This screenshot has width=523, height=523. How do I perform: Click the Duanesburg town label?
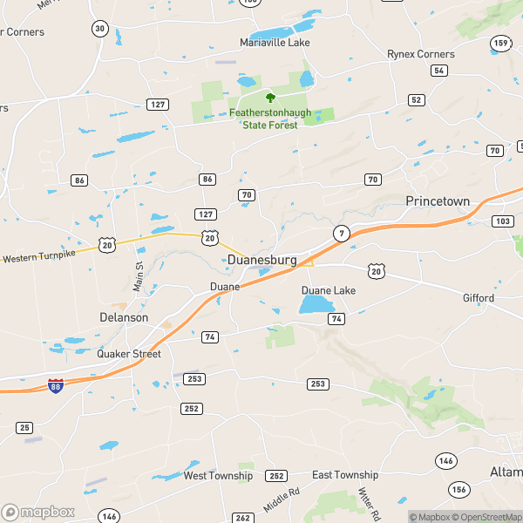(x=261, y=261)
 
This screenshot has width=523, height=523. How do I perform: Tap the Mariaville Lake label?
(x=275, y=42)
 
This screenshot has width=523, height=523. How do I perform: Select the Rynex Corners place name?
(x=421, y=54)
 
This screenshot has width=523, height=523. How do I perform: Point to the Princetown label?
(x=438, y=201)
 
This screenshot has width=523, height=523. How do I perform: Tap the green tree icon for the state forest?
(x=270, y=98)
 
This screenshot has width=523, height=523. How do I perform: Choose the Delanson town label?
(x=124, y=317)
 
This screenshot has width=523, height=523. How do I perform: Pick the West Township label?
(x=218, y=476)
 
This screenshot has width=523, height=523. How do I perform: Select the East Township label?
(x=345, y=475)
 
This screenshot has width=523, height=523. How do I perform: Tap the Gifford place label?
(x=479, y=298)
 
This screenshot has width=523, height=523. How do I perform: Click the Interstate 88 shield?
(x=55, y=385)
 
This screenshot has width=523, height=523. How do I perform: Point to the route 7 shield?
(x=340, y=233)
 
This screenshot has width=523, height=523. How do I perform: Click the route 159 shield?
(x=500, y=43)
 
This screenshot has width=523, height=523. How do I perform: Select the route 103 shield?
(x=503, y=221)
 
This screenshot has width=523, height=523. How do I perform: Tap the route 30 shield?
(x=99, y=29)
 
